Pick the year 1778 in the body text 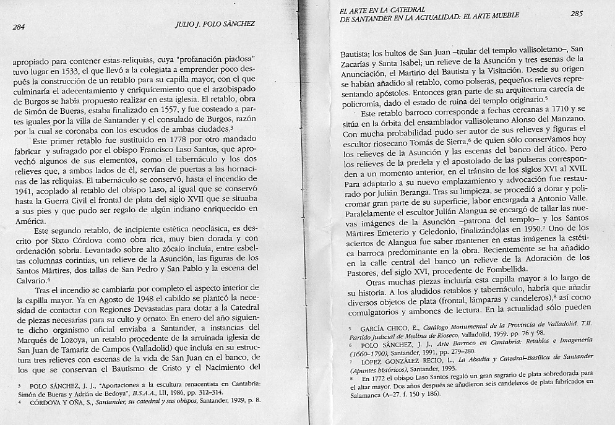click(x=173, y=141)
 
